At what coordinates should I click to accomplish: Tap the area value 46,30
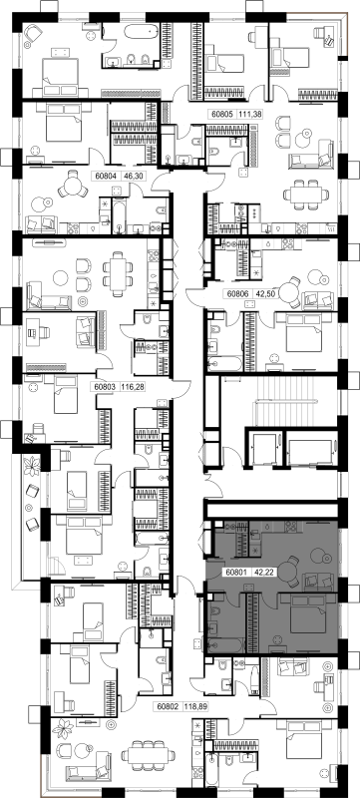(127, 177)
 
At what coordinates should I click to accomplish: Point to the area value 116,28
(133, 387)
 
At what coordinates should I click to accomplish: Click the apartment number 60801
(237, 572)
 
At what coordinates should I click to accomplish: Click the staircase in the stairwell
(294, 402)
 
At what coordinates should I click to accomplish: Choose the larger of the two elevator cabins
(310, 451)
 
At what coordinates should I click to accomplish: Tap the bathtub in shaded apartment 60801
(224, 645)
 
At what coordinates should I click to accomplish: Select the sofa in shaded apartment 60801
(318, 581)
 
